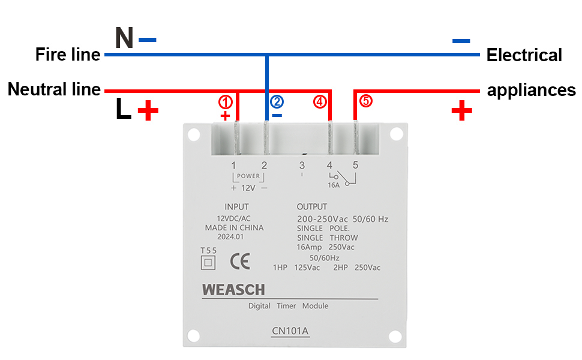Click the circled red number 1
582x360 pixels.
tap(225, 101)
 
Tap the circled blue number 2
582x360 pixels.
tap(277, 101)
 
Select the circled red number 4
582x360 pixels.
tap(320, 101)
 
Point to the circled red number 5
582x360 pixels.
tap(366, 101)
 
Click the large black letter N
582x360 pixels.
tap(124, 38)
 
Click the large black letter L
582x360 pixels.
tap(123, 110)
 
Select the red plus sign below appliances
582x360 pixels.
tap(461, 111)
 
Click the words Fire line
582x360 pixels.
tap(68, 55)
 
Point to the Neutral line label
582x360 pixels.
tap(54, 90)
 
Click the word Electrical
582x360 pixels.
tap(524, 55)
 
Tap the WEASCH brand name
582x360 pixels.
tap(233, 290)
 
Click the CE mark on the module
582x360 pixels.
tap(240, 261)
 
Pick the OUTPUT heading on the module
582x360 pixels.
tap(312, 207)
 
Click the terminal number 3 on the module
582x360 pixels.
tap(302, 165)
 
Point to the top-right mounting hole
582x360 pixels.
tap(395, 135)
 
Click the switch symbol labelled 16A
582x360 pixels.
tap(342, 179)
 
